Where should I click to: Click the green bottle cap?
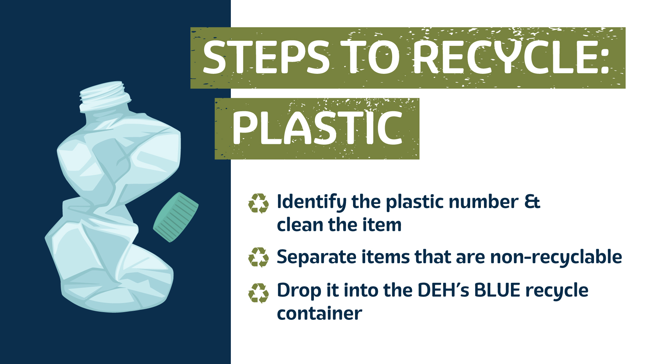tap(176, 217)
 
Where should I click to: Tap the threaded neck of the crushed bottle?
tap(105, 96)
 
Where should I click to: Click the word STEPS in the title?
tap(266, 57)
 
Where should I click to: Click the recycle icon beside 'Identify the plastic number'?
tap(259, 204)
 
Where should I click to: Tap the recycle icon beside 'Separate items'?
tap(259, 257)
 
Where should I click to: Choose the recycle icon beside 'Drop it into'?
tap(259, 293)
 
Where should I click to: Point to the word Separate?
tap(317, 257)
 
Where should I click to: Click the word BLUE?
tap(497, 290)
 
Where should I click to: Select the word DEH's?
tap(443, 290)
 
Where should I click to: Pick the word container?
tap(319, 313)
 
